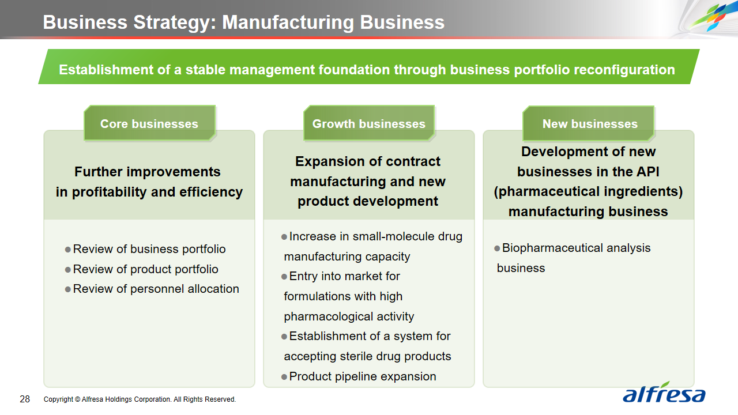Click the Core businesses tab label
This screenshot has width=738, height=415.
coord(149,124)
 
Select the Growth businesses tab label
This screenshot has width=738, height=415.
coord(368,124)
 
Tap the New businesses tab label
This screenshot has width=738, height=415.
coord(590,124)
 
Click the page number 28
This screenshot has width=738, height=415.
coord(25,399)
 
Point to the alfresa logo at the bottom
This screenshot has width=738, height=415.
coord(664,393)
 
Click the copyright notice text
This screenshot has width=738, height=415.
coord(140,399)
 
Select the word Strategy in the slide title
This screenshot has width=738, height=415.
coord(175,22)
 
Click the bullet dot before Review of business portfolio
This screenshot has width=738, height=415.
coord(68,250)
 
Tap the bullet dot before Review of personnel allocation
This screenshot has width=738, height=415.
coord(68,289)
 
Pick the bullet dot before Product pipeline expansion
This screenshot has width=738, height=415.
coord(284,377)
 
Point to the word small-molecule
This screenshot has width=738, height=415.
coord(393,236)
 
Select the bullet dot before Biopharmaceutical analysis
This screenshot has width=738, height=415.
coord(497,248)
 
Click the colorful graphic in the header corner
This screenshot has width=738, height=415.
coord(711,17)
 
